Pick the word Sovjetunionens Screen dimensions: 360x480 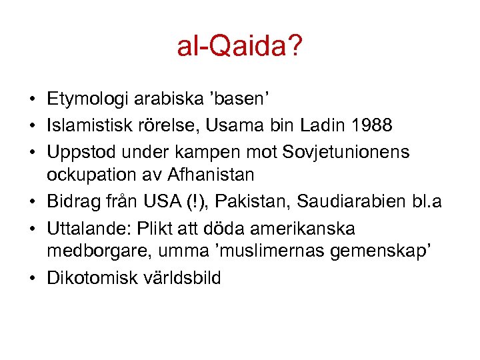point(353,151)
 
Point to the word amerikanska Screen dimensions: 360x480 point(299,227)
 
